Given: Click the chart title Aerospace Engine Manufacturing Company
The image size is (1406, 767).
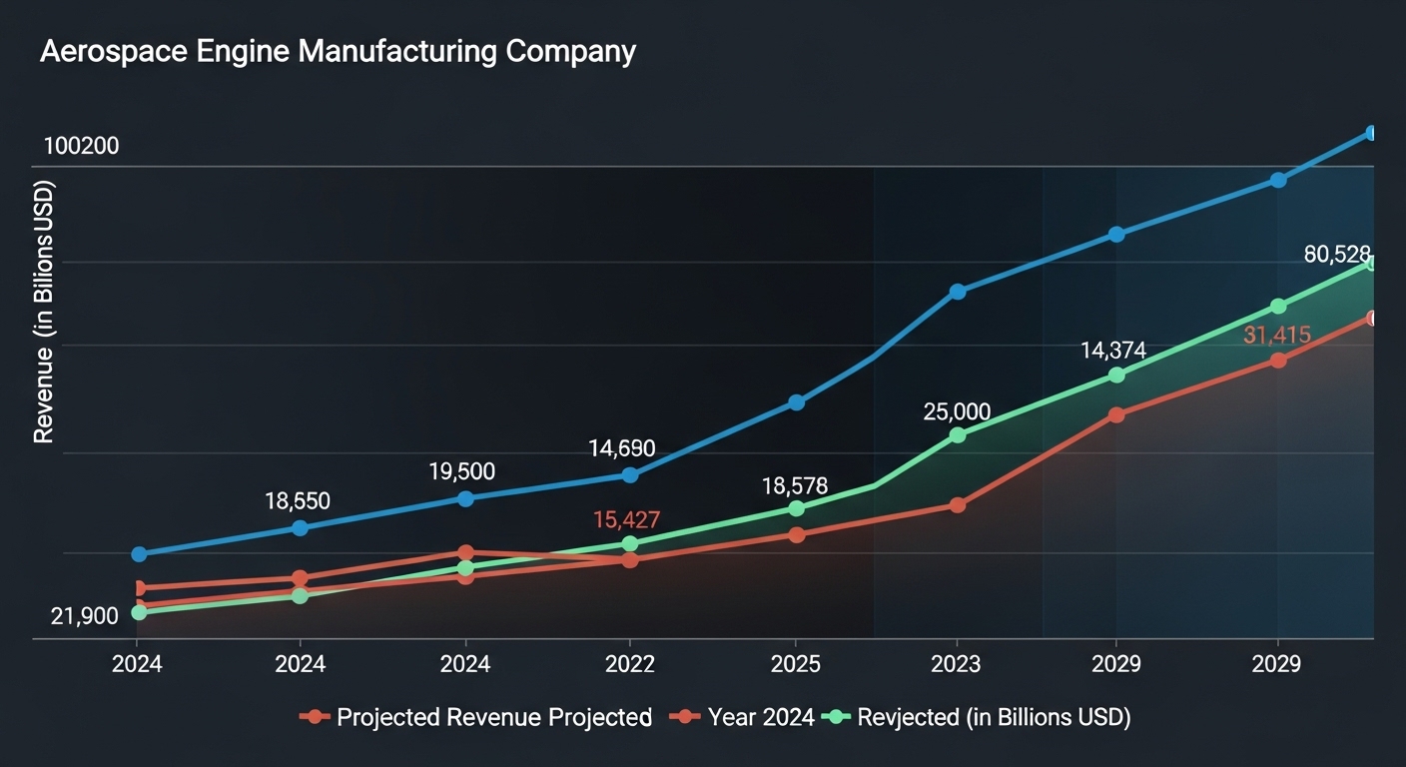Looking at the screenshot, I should pyautogui.click(x=338, y=51).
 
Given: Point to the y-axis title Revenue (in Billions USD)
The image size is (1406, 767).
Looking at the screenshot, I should pyautogui.click(x=44, y=313).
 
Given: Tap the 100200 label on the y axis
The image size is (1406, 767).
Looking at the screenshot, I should pyautogui.click(x=81, y=147).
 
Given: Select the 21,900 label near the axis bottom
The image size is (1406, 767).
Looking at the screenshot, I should pyautogui.click(x=84, y=616).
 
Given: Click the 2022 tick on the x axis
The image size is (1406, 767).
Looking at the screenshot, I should pyautogui.click(x=630, y=664).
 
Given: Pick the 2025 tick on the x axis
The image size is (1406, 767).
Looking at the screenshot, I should pyautogui.click(x=795, y=664).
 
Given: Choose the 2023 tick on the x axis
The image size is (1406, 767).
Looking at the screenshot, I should pyautogui.click(x=958, y=664).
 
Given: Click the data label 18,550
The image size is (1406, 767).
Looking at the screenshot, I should pyautogui.click(x=298, y=501).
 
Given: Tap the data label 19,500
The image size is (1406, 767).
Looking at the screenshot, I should pyautogui.click(x=463, y=471).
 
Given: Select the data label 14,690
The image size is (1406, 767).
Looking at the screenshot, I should pyautogui.click(x=622, y=448).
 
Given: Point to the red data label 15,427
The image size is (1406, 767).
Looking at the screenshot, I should pyautogui.click(x=626, y=519).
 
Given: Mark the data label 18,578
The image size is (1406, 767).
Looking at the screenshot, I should pyautogui.click(x=795, y=486).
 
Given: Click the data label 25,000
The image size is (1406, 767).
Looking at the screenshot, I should pyautogui.click(x=957, y=411).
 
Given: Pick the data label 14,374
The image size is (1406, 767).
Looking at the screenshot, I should pyautogui.click(x=1112, y=351).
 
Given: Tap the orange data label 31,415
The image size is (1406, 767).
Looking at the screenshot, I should pyautogui.click(x=1276, y=336).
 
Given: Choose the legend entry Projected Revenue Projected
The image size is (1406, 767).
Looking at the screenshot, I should pyautogui.click(x=494, y=717).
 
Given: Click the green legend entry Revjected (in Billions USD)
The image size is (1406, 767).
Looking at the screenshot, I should pyautogui.click(x=994, y=717).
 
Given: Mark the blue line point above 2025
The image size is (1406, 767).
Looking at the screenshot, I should pyautogui.click(x=796, y=402).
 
